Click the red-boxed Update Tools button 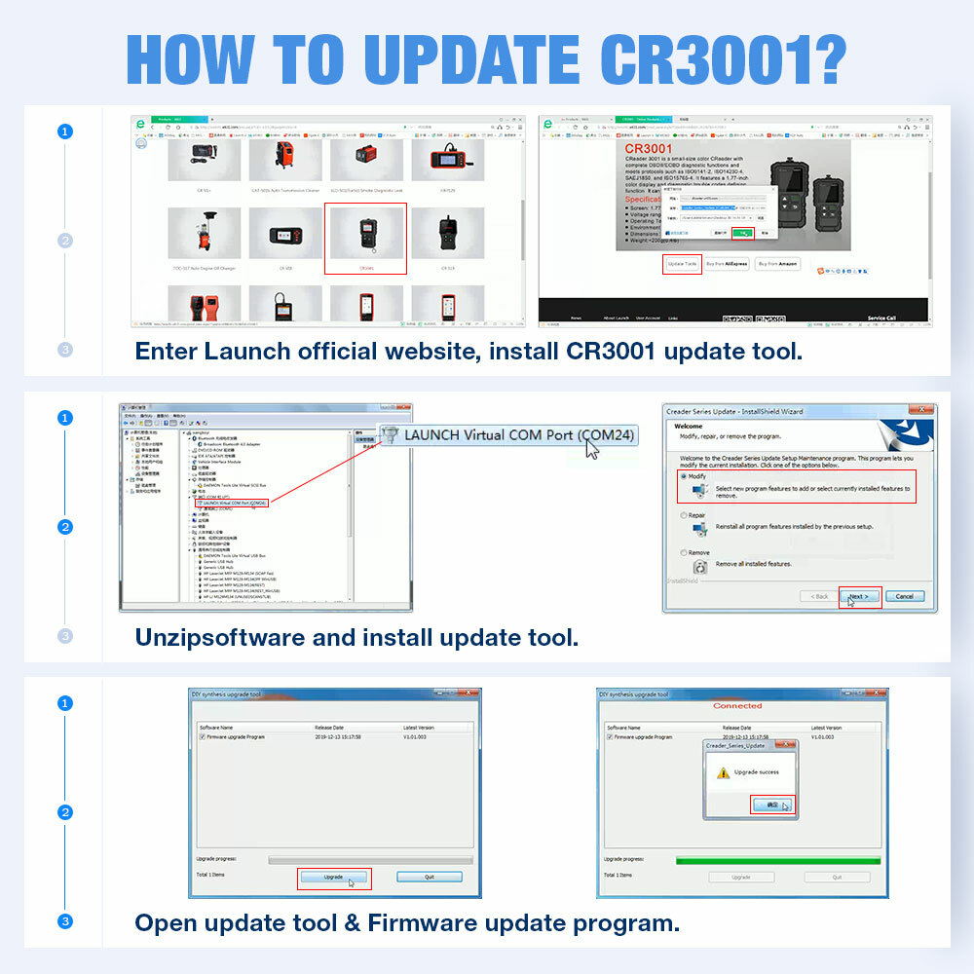click(682, 264)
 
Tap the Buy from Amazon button click(777, 264)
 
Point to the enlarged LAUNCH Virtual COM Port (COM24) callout click(506, 434)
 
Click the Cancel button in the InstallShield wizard click(904, 596)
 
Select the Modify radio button click(684, 476)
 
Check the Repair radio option click(684, 515)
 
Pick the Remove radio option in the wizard click(684, 552)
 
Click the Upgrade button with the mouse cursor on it click(333, 877)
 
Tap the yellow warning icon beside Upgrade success click(723, 772)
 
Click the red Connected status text click(737, 705)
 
